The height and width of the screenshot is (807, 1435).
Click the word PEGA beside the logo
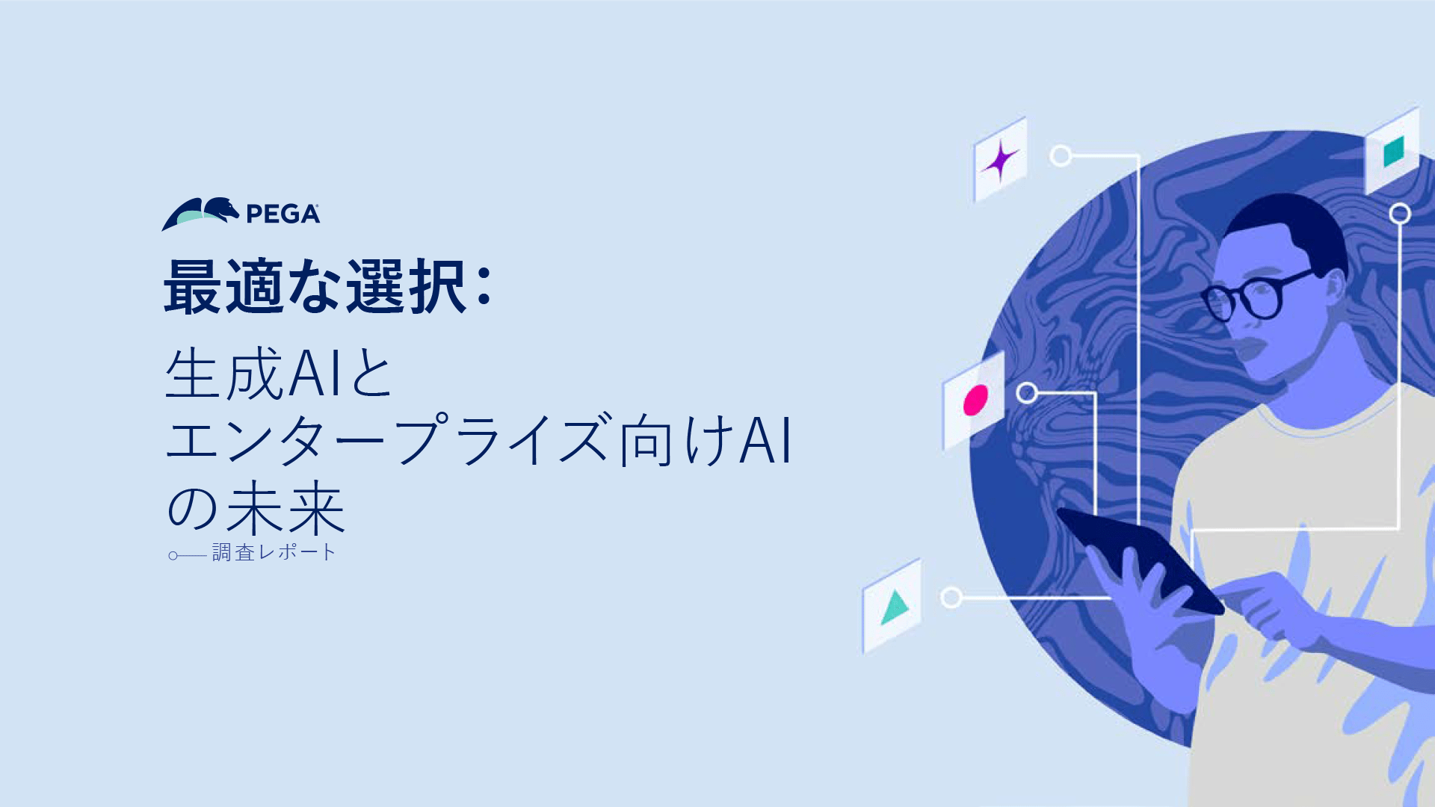coord(283,214)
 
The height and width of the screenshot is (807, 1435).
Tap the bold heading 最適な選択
coord(315,286)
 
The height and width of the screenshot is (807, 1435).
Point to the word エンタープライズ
coord(386,439)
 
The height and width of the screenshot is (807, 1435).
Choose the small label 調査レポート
coord(274,552)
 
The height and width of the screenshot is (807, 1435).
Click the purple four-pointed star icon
coord(1000,161)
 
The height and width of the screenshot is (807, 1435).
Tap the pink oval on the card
coord(975,400)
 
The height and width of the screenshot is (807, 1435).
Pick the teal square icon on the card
coord(1393,152)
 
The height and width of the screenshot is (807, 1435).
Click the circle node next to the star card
coord(1061,155)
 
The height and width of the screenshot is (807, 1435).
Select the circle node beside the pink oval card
coord(1027,392)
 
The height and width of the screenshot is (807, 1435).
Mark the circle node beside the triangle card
coord(951,597)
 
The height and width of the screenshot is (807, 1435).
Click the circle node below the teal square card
coord(1400,214)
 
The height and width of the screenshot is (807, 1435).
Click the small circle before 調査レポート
coord(173,555)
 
